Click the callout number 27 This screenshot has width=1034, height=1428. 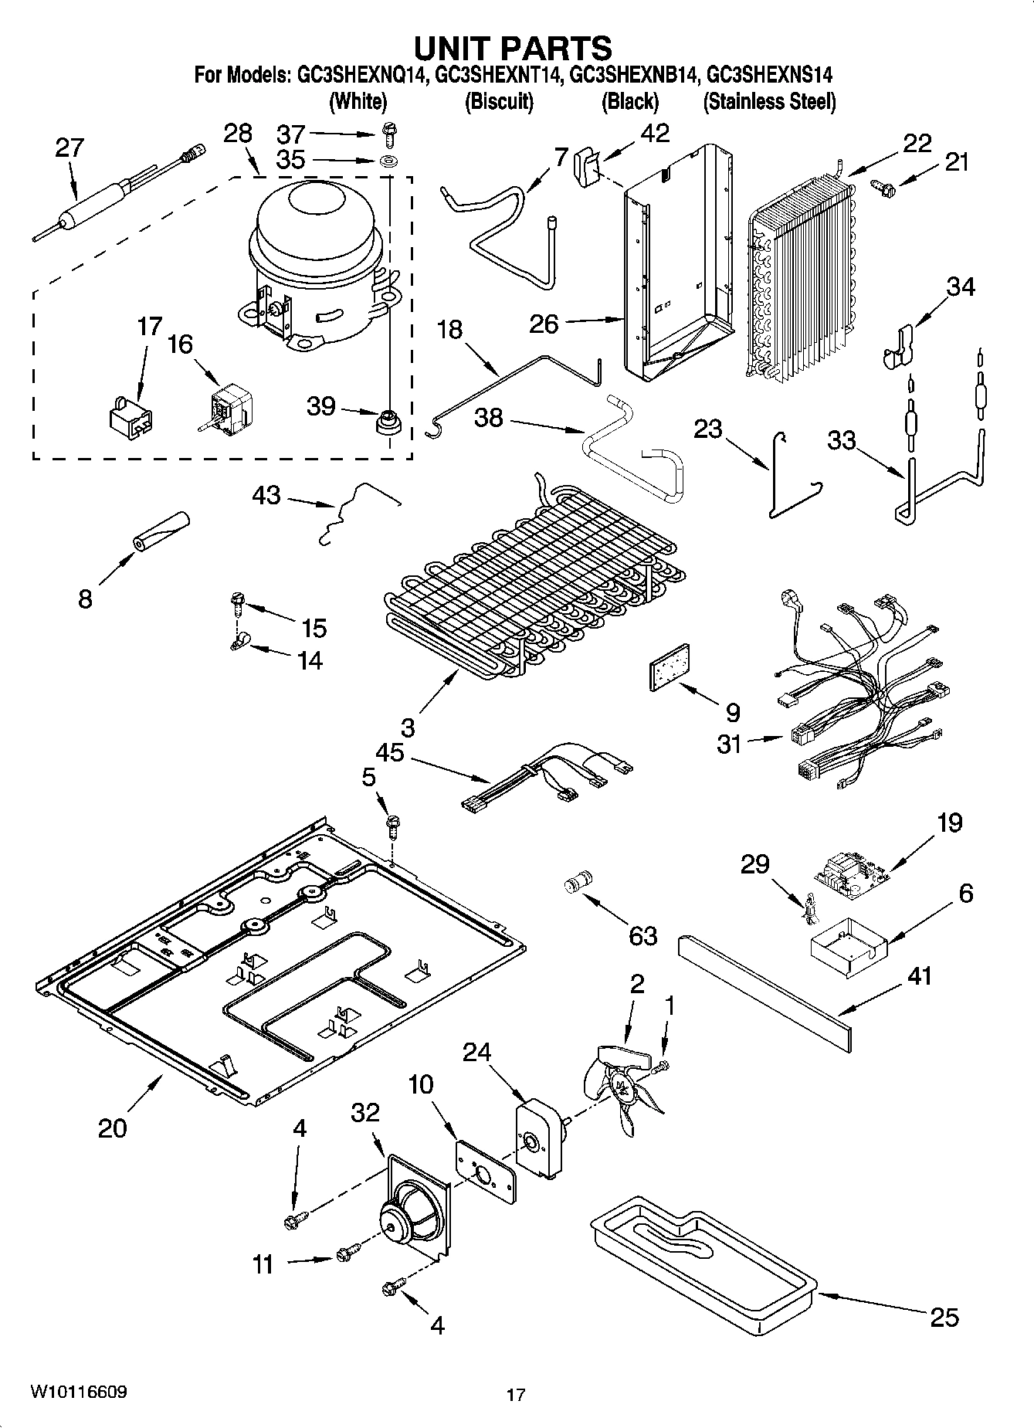pos(69,148)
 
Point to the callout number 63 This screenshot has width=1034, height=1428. pos(642,936)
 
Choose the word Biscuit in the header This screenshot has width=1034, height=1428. pos(499,101)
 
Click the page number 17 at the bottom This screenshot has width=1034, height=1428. pos(516,1395)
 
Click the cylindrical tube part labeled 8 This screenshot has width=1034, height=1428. pos(161,531)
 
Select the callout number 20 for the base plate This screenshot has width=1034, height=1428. pos(112,1128)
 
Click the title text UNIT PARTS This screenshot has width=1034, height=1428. pos(513,48)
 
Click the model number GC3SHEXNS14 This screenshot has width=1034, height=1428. pos(769,76)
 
